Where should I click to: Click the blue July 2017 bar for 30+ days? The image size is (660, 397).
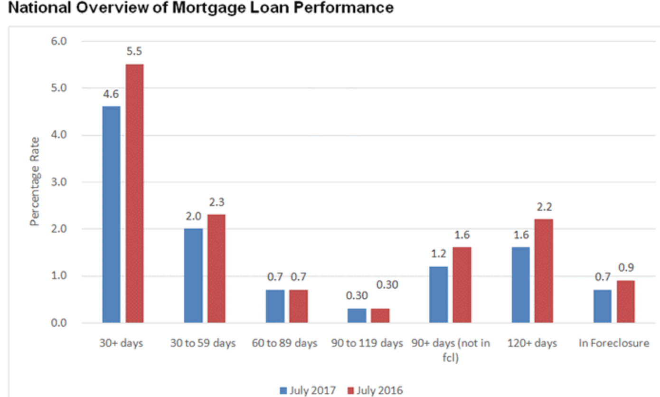click(111, 215)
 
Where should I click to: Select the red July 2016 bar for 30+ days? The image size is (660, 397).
click(135, 194)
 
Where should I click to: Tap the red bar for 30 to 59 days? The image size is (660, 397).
click(217, 269)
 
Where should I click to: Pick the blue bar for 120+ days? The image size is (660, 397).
click(520, 285)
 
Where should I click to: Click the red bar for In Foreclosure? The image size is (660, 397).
click(625, 302)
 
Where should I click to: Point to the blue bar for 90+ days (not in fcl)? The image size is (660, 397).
click(438, 294)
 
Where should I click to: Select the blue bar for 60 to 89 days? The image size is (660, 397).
click(275, 306)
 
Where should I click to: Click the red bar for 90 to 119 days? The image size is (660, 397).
click(380, 316)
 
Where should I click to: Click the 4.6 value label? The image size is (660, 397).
click(111, 94)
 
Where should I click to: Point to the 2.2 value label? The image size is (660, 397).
click(545, 207)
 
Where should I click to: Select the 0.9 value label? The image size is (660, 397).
click(626, 268)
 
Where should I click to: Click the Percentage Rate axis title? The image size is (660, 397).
click(34, 181)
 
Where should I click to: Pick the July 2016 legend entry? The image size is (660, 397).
click(375, 390)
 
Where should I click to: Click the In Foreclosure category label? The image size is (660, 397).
click(613, 343)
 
